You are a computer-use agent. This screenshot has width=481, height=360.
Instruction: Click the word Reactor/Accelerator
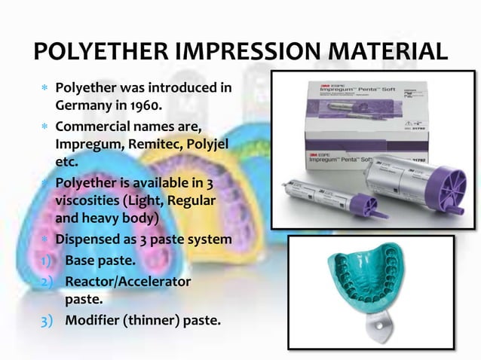point(127,282)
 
